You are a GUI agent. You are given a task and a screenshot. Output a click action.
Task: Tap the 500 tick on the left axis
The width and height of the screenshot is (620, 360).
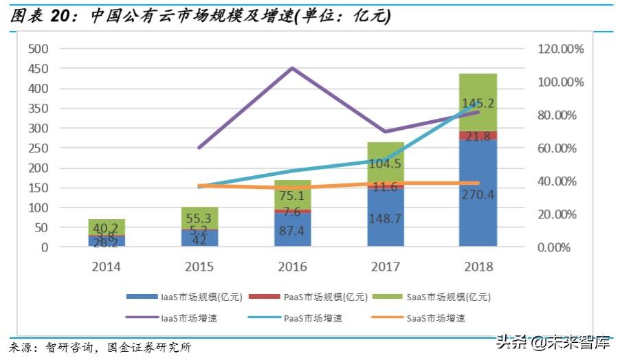click(38, 49)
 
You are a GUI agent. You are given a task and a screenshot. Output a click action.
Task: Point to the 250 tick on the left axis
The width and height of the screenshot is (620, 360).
click(38, 148)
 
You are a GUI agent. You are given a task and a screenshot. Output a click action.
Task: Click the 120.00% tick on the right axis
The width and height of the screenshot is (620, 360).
click(560, 49)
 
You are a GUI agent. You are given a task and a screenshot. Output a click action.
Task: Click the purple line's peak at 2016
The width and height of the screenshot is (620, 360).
click(292, 68)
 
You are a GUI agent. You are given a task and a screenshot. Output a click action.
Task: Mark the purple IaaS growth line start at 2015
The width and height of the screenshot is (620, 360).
click(199, 148)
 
